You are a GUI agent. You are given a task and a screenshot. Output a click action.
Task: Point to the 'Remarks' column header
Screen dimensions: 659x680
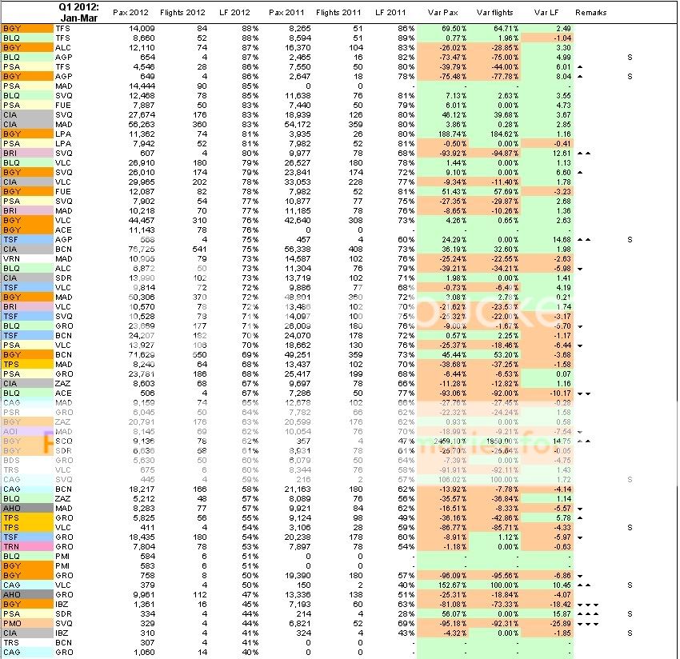pyautogui.click(x=590, y=13)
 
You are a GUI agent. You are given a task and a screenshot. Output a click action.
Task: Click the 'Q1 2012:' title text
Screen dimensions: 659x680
pyautogui.click(x=76, y=6)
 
